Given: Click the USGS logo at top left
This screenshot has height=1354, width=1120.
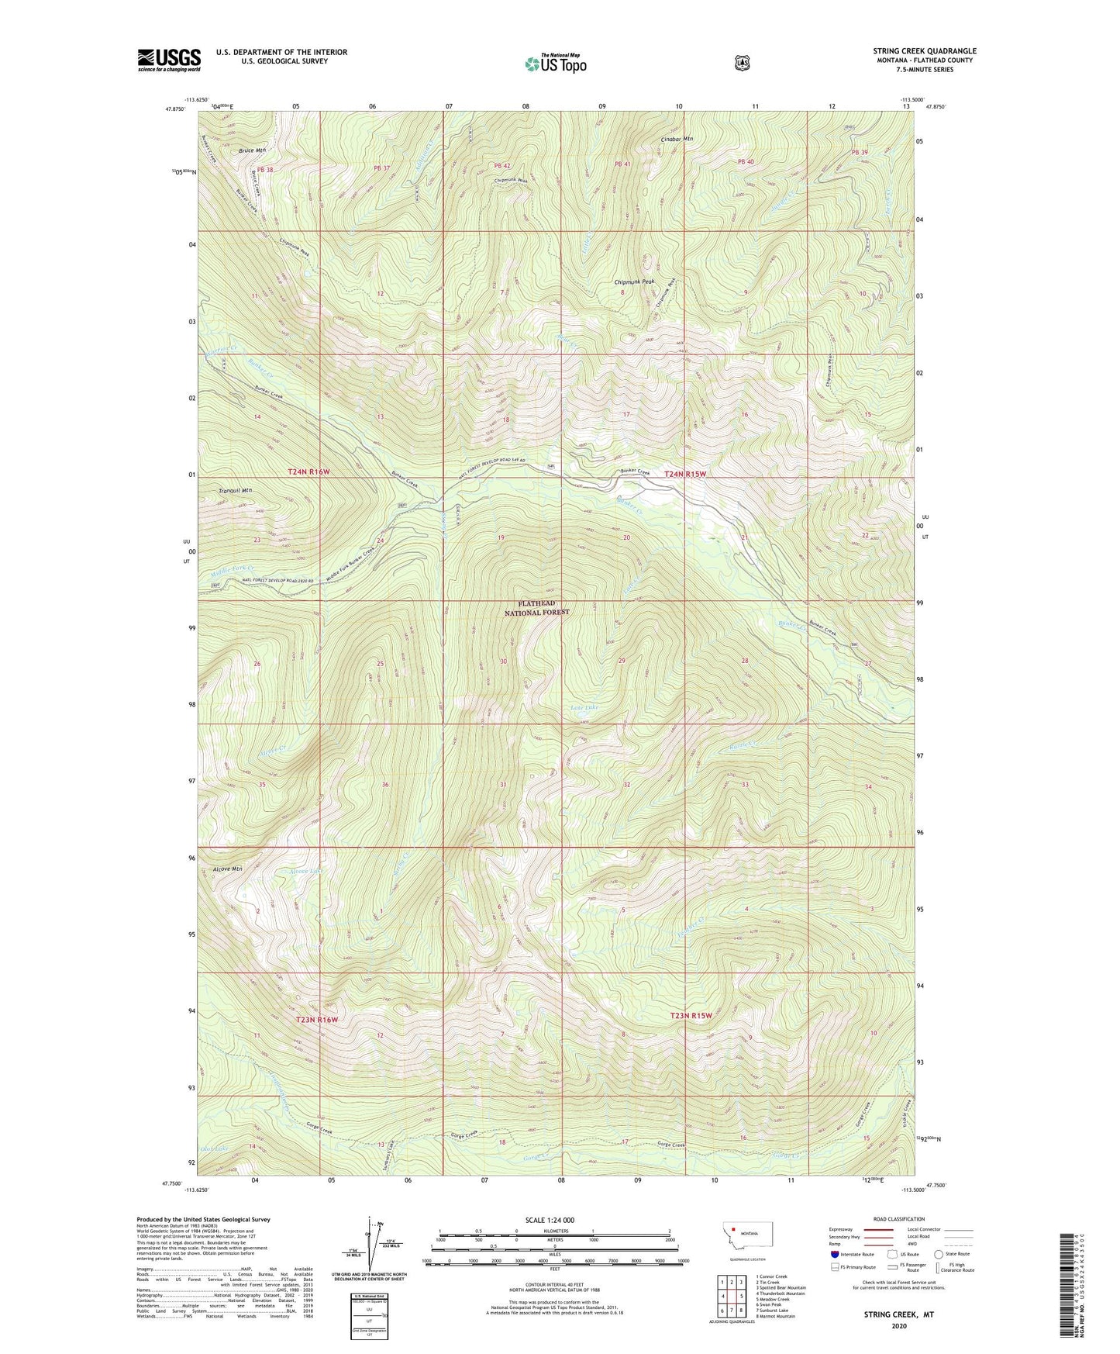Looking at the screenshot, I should pos(169,60).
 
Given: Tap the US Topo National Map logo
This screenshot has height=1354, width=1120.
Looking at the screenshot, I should pos(555,64).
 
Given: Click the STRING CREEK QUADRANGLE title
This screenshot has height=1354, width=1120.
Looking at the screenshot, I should pos(924,51).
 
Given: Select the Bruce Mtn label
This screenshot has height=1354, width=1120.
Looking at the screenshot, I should pos(252,150).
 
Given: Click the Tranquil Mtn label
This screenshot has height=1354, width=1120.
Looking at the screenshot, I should pos(235,490).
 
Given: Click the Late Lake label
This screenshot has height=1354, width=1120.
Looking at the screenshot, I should pos(584,707).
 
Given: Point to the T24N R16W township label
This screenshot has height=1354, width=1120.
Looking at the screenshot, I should pos(312,471).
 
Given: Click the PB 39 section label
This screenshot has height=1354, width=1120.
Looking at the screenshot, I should pos(860,152).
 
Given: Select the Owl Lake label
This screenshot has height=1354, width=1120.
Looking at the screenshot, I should pos(214,1148).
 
